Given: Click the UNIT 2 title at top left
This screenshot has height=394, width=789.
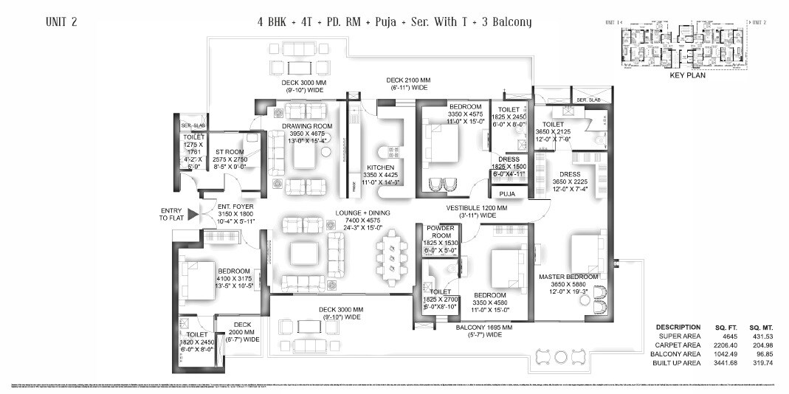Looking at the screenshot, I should pyautogui.click(x=61, y=22).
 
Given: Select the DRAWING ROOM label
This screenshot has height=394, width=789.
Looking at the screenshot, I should pyautogui.click(x=307, y=126).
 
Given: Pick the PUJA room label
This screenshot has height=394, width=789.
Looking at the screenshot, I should pyautogui.click(x=506, y=194).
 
